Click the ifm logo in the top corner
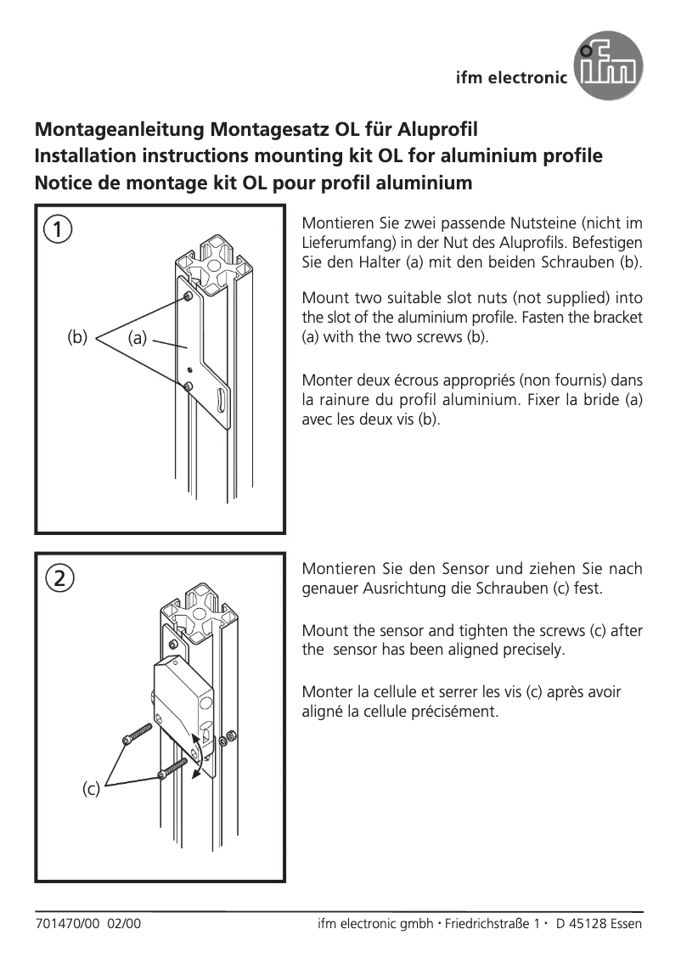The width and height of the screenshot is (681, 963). tap(609, 65)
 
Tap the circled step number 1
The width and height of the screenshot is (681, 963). tap(58, 228)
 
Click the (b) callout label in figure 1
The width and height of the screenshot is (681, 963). tap(77, 336)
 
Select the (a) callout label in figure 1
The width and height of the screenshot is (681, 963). tap(138, 338)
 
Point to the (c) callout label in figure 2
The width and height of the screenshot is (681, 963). tap(91, 789)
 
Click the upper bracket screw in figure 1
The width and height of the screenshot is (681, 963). tap(186, 296)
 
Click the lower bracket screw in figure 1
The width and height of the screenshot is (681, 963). tap(186, 386)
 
